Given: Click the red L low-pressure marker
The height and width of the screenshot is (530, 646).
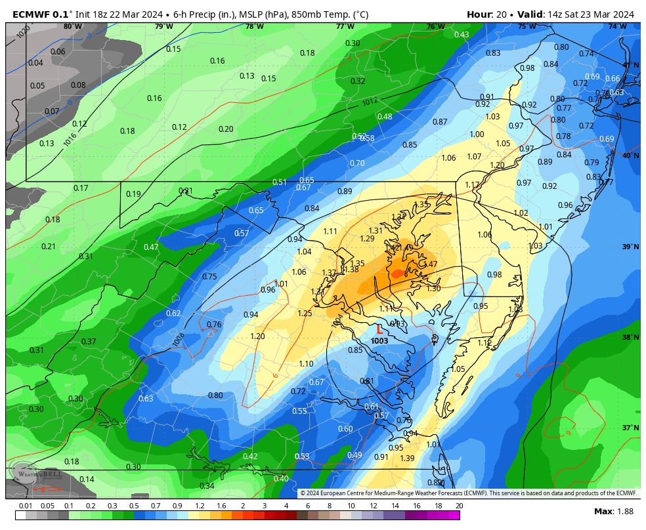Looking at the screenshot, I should coord(379,330).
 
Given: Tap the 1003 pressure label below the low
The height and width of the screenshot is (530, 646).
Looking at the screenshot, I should coord(379,341).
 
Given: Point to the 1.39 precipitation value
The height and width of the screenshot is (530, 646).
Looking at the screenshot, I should coord(407,459).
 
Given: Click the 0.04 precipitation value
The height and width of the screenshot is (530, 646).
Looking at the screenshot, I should coord(35,63).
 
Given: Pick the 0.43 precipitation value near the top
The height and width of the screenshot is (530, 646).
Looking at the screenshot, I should coord(462,35).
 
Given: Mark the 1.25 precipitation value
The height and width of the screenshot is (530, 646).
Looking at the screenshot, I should coord(305,314).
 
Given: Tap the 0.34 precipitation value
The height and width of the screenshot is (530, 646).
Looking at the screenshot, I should coord(207,486).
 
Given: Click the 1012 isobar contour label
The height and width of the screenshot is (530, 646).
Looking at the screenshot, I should coord(370,102).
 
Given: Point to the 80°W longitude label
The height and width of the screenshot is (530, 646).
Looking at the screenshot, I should coord(73,27).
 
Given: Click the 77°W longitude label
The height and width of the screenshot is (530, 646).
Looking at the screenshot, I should coord(345,27).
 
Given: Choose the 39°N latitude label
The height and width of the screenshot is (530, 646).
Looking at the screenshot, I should coord(630,247).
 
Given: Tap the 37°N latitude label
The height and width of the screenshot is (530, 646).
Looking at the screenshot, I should coord(630,428).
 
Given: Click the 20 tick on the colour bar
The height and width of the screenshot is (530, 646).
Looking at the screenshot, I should coord(459,506).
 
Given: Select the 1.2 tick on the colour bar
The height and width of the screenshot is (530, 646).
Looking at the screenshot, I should coord(199,506).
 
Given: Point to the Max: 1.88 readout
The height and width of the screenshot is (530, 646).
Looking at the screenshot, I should coord(614,511).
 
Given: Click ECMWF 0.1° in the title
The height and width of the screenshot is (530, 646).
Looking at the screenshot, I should coord(41,14).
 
